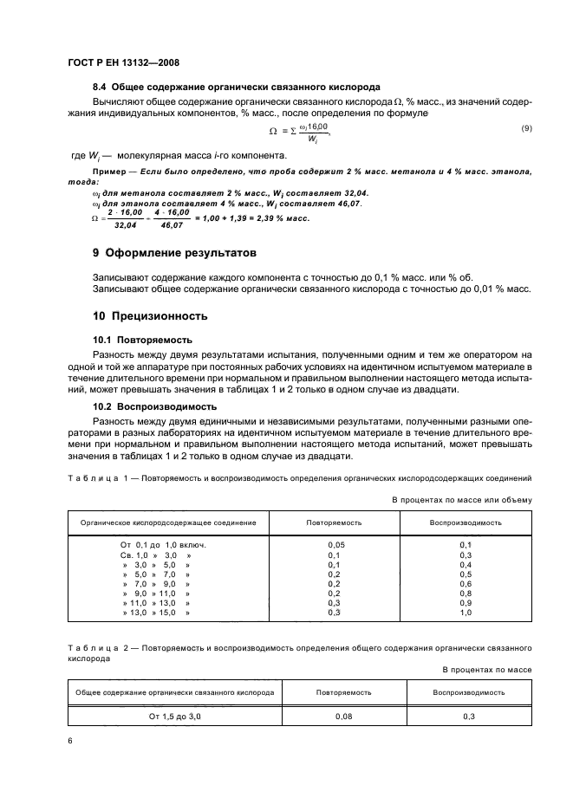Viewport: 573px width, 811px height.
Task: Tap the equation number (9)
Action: tap(525, 128)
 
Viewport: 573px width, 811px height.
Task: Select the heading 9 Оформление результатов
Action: tap(181, 254)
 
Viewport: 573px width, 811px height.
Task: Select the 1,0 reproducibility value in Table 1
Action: tap(466, 612)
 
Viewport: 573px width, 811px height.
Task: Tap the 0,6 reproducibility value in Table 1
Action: tap(466, 583)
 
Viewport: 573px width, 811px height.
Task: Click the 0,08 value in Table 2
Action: tap(344, 717)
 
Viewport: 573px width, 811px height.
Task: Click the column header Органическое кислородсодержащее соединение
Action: tap(168, 522)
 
